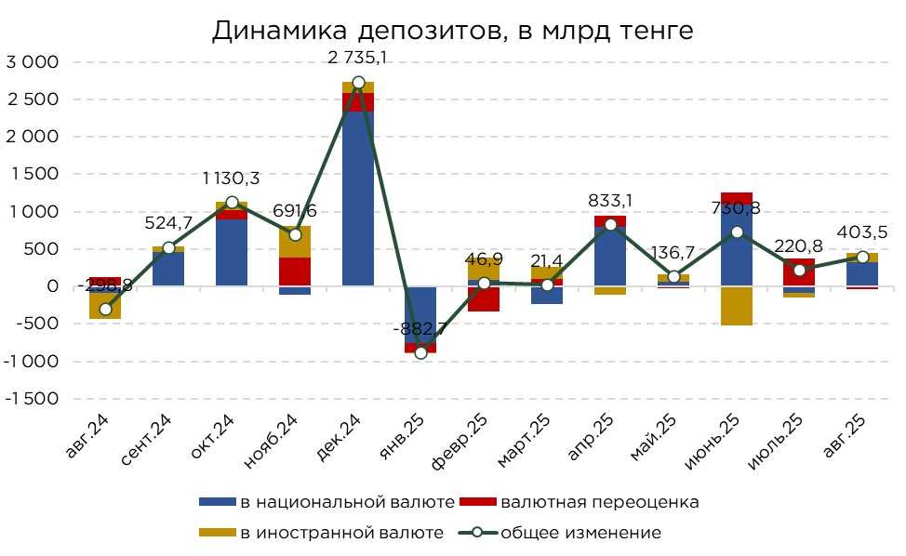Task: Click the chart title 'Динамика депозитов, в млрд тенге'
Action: pyautogui.click(x=452, y=31)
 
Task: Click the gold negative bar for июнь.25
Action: pyautogui.click(x=736, y=306)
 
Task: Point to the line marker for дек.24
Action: pyautogui.click(x=358, y=83)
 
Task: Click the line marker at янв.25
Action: pyautogui.click(x=420, y=352)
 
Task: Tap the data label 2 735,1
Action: pyautogui.click(x=358, y=58)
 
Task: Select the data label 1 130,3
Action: pyautogui.click(x=232, y=179)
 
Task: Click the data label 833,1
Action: pyautogui.click(x=610, y=199)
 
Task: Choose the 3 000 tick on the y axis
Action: pyautogui.click(x=33, y=62)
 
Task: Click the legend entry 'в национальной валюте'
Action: pyautogui.click(x=346, y=503)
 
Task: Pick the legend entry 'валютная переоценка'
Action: pyautogui.click(x=599, y=503)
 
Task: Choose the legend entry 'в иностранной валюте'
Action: pyautogui.click(x=340, y=533)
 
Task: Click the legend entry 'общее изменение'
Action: pyautogui.click(x=581, y=533)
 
